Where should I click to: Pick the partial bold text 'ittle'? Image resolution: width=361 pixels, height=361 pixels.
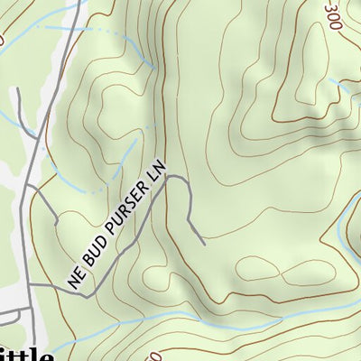[x=27, y=355]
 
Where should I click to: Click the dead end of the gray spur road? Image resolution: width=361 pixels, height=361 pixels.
[x=204, y=244]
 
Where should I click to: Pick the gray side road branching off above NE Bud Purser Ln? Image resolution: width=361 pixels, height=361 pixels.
[x=45, y=203]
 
